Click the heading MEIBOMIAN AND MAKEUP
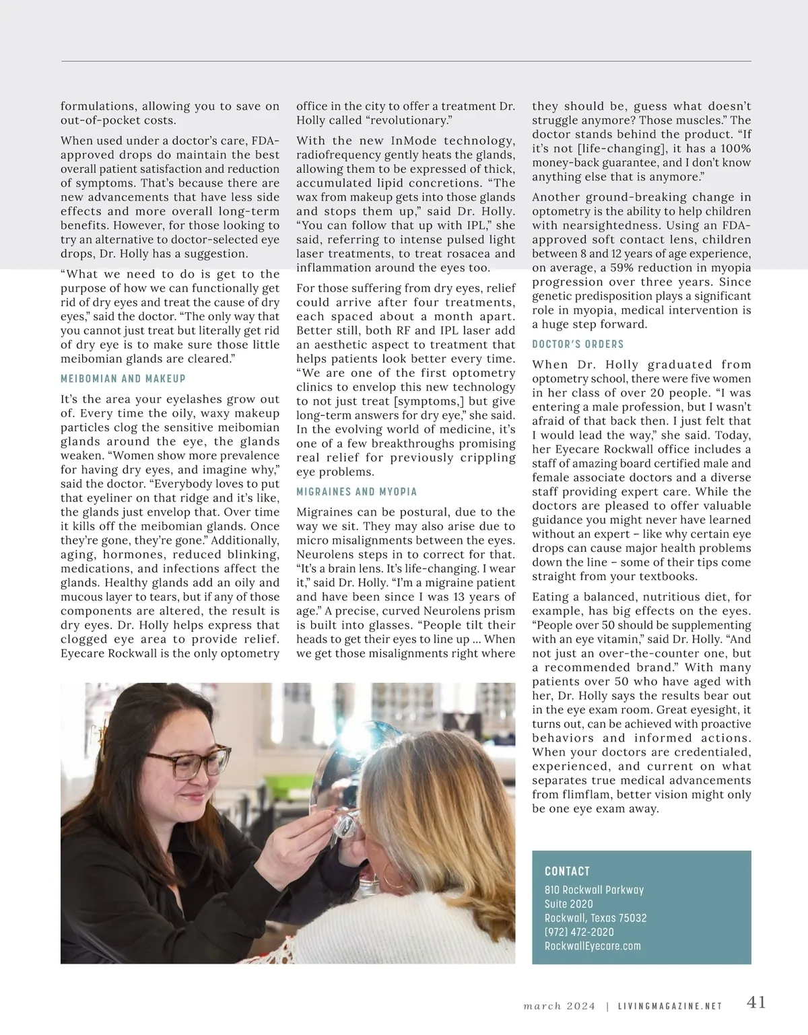[x=123, y=379]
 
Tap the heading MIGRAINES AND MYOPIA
[x=357, y=492]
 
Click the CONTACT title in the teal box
[x=567, y=871]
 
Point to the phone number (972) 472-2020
[x=579, y=932]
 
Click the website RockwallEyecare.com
[x=593, y=946]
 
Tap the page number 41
[x=756, y=1002]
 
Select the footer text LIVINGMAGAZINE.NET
[x=670, y=1006]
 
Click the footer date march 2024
[x=560, y=1006]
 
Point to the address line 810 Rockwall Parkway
[x=594, y=890]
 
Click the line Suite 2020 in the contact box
[x=569, y=904]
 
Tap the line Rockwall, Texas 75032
[x=595, y=918]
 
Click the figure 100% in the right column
[x=736, y=148]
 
